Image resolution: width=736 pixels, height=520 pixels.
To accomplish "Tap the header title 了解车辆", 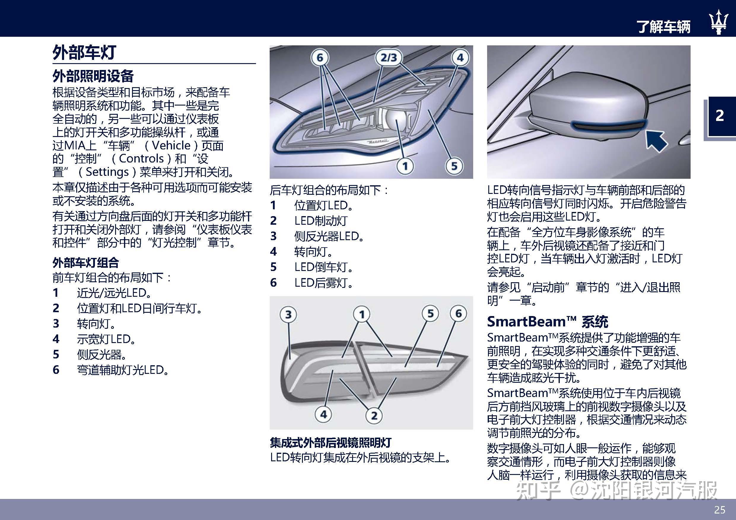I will tap(663, 26).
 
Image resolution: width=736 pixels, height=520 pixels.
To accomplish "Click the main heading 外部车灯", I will tap(84, 52).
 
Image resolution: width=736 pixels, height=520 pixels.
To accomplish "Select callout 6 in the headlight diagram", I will tap(319, 58).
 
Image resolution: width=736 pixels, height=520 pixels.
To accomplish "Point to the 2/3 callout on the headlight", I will tap(389, 58).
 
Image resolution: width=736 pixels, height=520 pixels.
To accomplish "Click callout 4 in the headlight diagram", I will tap(460, 58).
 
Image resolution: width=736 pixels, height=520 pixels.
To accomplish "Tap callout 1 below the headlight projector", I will tap(405, 166).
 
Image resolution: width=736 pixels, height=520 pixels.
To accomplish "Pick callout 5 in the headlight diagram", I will tap(454, 166).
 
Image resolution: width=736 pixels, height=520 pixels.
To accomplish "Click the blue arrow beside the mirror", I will tap(656, 140).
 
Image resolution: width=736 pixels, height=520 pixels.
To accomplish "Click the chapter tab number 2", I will tap(720, 115).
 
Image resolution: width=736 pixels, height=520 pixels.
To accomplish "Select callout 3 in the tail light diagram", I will tap(288, 314).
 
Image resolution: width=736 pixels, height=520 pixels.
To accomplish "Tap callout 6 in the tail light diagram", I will tap(458, 313).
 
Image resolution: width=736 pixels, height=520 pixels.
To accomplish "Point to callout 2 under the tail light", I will tap(374, 416).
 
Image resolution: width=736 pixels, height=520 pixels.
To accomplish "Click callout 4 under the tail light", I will tap(323, 414).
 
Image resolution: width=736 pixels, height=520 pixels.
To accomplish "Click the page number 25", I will tap(720, 510).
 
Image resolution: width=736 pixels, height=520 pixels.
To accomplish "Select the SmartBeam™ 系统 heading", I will tap(547, 322).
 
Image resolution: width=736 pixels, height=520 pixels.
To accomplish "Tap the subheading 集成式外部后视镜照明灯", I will tap(330, 443).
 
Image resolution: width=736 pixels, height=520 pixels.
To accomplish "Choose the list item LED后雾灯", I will tap(323, 283).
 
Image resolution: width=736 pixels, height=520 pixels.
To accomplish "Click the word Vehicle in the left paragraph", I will tap(171, 146).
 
